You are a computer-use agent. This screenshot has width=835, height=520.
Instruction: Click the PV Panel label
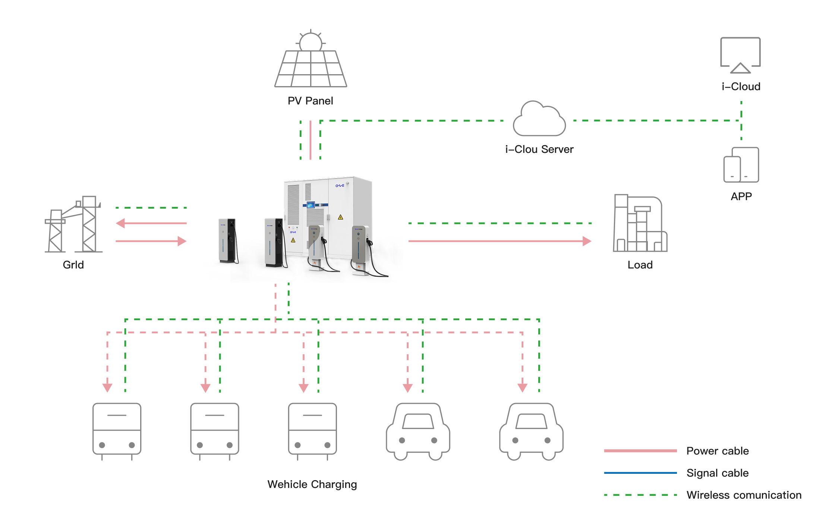[310, 101]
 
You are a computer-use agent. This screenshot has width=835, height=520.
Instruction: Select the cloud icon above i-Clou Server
[539, 119]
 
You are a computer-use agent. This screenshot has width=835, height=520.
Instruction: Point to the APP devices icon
[741, 165]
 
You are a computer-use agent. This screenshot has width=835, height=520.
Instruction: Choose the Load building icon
[640, 224]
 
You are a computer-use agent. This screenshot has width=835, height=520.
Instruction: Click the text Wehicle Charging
[312, 484]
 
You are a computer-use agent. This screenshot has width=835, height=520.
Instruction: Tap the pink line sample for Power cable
[640, 451]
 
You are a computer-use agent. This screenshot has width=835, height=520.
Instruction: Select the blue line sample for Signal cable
[640, 473]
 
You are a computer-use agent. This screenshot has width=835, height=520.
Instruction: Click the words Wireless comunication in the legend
[744, 495]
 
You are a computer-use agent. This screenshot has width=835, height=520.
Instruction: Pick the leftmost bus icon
[117, 431]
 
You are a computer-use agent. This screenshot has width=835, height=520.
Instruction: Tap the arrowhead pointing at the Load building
[587, 241]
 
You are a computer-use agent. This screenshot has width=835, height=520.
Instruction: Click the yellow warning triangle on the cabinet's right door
[340, 217]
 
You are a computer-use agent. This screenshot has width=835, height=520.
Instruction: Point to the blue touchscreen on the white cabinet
[311, 205]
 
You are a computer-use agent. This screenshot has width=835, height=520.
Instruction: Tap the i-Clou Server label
[539, 149]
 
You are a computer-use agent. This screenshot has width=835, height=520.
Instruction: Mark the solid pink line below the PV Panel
[311, 140]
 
